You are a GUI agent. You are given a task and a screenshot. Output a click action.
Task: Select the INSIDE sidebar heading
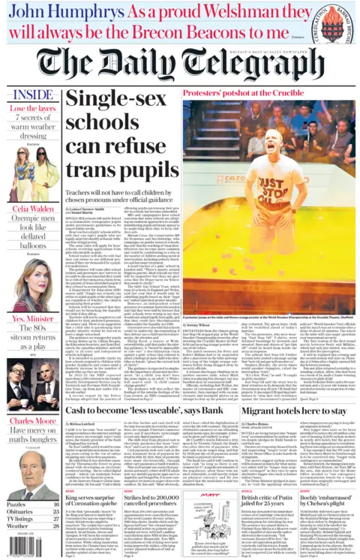click(34, 96)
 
